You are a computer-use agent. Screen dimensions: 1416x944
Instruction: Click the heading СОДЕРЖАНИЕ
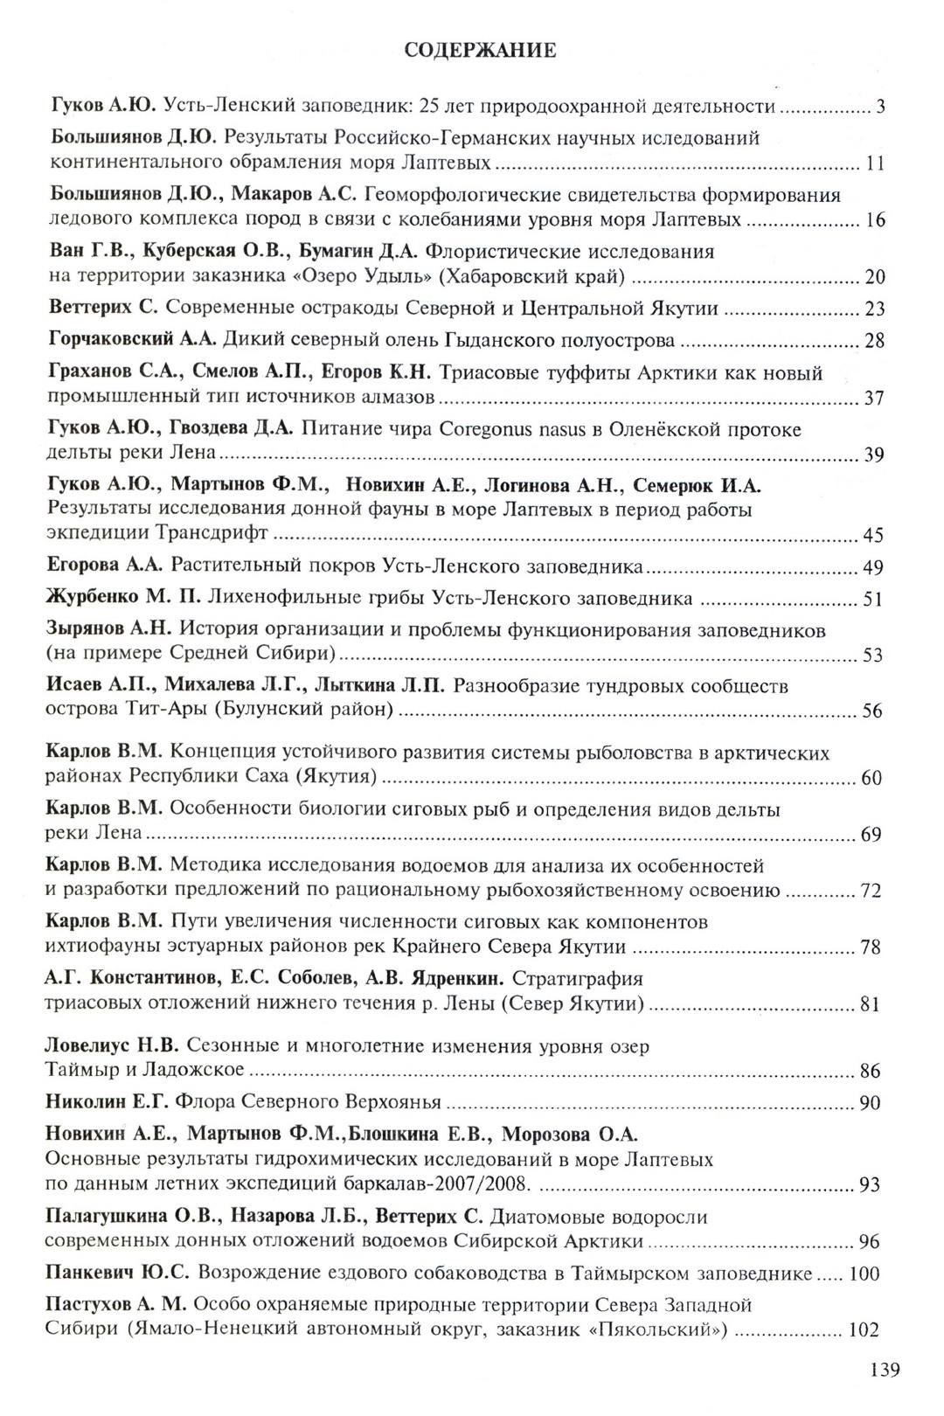pyautogui.click(x=481, y=51)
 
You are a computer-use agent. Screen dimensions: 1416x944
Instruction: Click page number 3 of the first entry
pyautogui.click(x=881, y=108)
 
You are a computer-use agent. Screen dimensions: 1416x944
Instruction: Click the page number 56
pyautogui.click(x=872, y=711)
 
